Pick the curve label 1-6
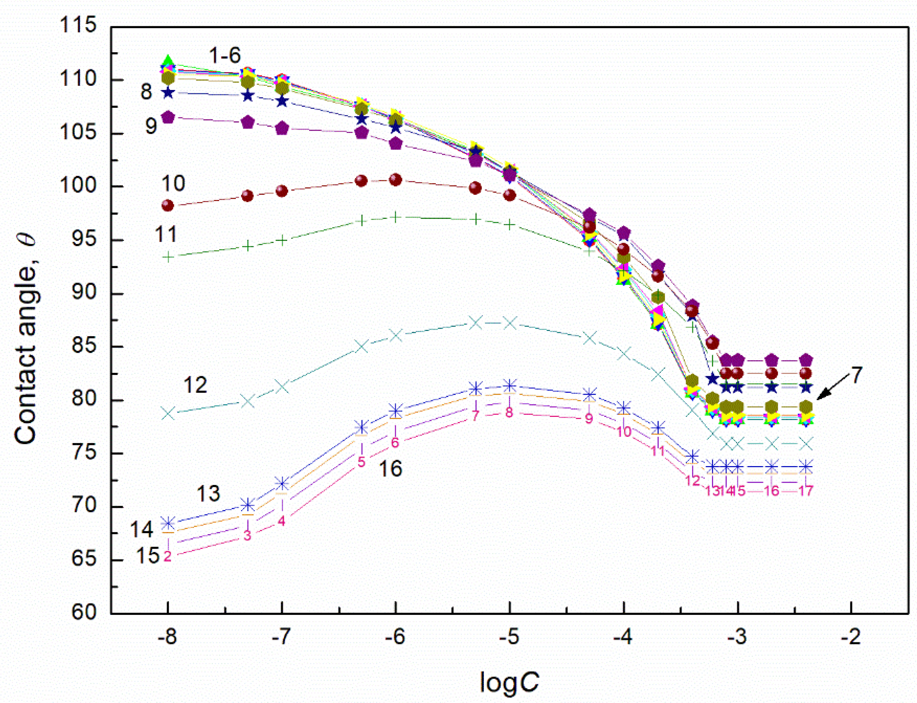click(224, 55)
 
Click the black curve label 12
click(195, 385)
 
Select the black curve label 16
click(390, 469)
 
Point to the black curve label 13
click(208, 494)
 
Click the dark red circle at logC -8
click(167, 205)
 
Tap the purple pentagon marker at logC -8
click(168, 118)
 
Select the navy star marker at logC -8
click(168, 93)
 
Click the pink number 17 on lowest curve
click(805, 491)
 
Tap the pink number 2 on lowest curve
click(167, 556)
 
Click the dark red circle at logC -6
click(395, 180)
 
